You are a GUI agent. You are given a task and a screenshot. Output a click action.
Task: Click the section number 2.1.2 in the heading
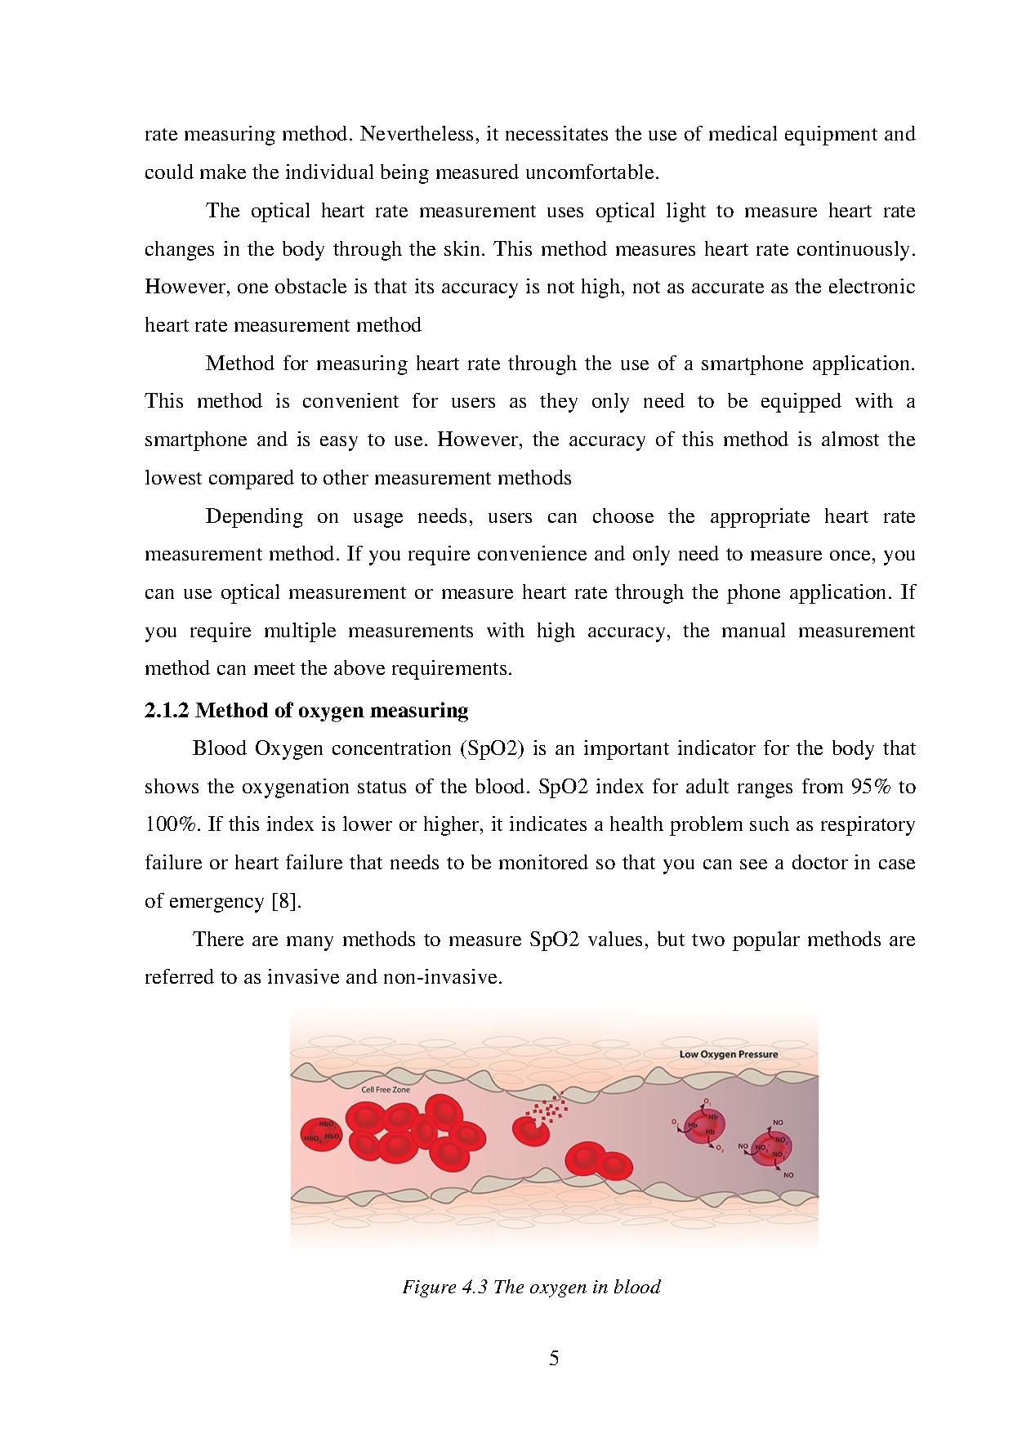point(167,711)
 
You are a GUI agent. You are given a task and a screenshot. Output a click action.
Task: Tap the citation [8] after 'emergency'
point(286,901)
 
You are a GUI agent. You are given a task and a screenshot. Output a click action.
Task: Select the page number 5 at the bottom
point(554,1359)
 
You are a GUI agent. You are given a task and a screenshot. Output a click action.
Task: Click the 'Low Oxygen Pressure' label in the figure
point(728,1054)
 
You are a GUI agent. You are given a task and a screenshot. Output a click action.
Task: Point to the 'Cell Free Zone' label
point(386,1090)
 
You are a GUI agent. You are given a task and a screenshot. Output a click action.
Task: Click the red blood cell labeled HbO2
point(321,1134)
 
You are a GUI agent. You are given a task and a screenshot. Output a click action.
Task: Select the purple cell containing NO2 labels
point(771,1148)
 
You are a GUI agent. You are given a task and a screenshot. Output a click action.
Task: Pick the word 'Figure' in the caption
point(429,1288)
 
